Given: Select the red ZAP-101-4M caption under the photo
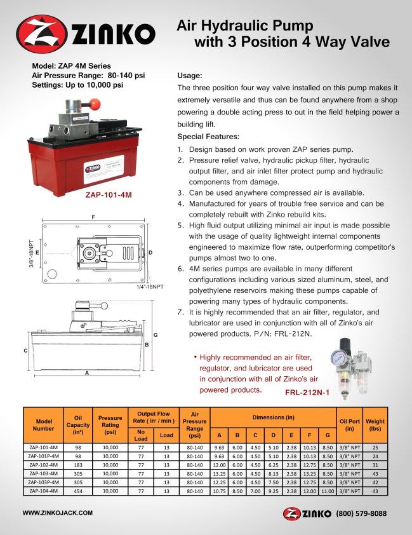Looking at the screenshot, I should (x=108, y=195).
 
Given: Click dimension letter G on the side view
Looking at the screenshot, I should (x=155, y=334).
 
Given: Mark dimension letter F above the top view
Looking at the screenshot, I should (x=93, y=217).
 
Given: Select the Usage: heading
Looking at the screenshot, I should (x=190, y=75).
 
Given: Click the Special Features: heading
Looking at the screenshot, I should (x=208, y=137).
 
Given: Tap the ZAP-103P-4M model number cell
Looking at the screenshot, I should (x=44, y=482).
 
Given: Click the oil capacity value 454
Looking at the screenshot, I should (x=78, y=491).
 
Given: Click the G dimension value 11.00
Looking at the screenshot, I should (x=327, y=491).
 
